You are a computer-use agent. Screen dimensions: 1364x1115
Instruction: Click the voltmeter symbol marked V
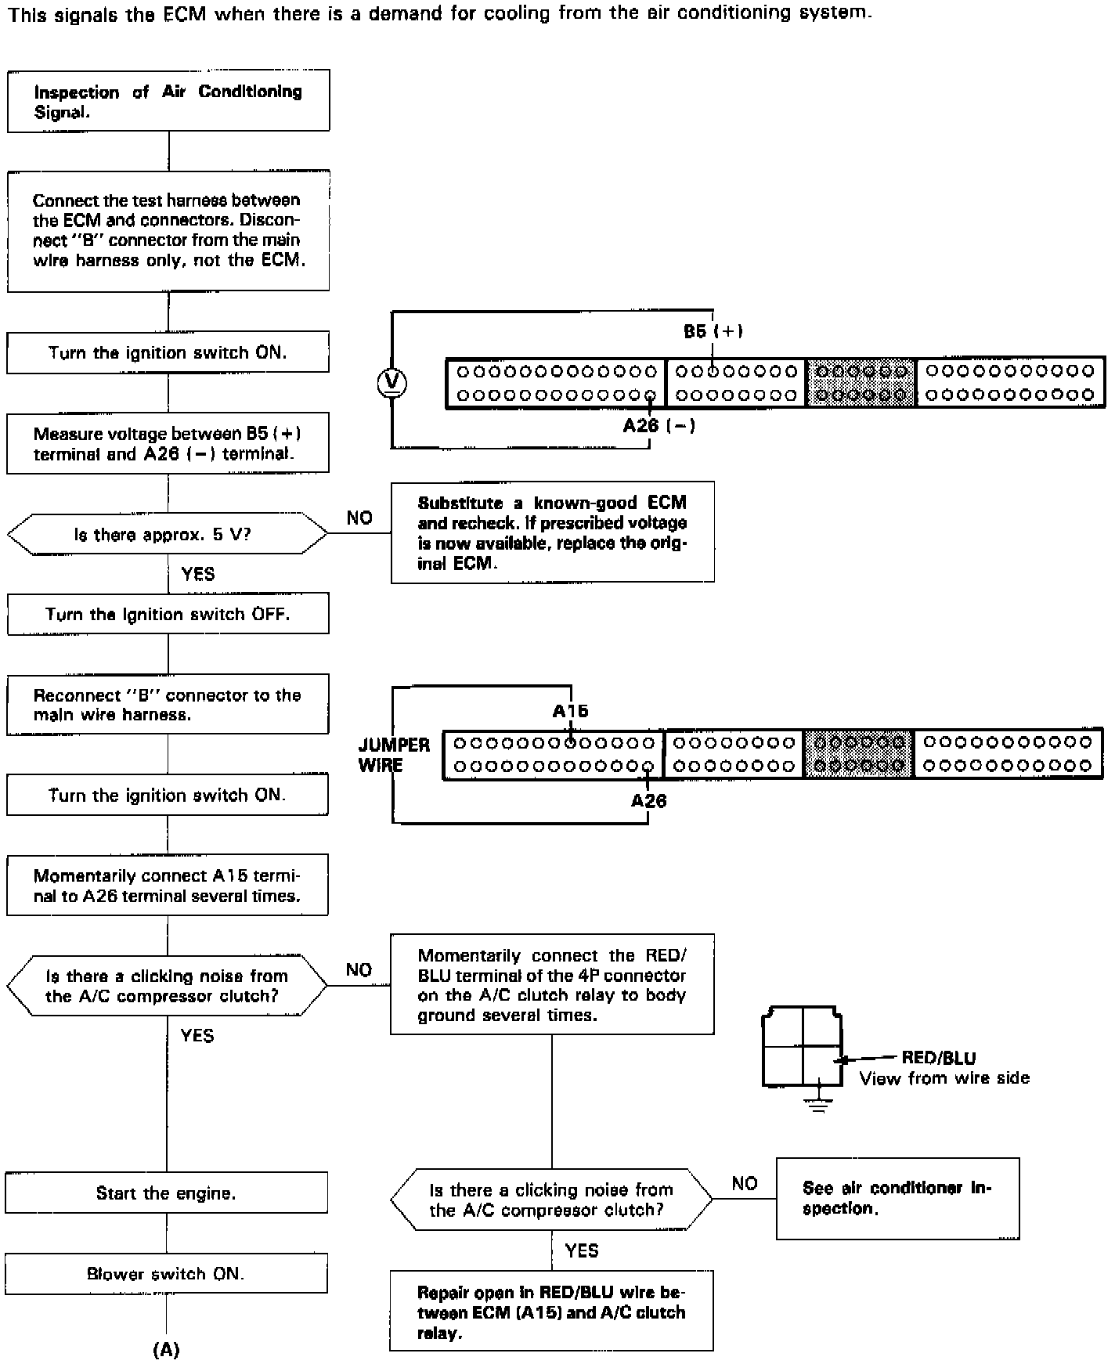click(392, 381)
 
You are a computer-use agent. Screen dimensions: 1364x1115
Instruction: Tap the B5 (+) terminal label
click(713, 331)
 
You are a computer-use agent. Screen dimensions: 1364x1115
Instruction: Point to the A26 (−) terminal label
click(659, 426)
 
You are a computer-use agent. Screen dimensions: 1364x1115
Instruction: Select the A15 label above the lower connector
click(570, 711)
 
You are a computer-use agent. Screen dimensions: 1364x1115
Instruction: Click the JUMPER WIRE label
click(394, 755)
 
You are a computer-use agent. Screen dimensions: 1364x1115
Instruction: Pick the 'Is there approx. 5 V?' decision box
click(168, 534)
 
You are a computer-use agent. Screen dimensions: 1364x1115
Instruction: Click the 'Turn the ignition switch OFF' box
click(168, 614)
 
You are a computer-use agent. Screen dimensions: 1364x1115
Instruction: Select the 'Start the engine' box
click(166, 1193)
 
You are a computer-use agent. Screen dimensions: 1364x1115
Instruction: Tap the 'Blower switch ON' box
click(166, 1274)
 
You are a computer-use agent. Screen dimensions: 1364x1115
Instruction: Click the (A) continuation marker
click(166, 1350)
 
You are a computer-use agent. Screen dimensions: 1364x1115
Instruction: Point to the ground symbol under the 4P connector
click(818, 1103)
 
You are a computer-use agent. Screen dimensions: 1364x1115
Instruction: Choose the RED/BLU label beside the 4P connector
click(939, 1058)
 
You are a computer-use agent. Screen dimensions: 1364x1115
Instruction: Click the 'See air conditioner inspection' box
click(897, 1198)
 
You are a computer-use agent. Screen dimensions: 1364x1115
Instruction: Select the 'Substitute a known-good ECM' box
click(552, 532)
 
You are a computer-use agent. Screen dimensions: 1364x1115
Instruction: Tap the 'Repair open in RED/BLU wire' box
click(551, 1312)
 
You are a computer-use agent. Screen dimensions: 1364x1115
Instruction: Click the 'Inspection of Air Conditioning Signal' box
click(168, 101)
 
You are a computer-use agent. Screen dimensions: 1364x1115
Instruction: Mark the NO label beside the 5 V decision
click(359, 518)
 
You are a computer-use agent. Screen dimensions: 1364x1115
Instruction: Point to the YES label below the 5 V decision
click(197, 574)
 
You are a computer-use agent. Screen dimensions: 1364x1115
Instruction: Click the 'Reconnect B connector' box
click(168, 705)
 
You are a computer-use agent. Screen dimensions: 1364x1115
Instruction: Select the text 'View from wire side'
click(944, 1079)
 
